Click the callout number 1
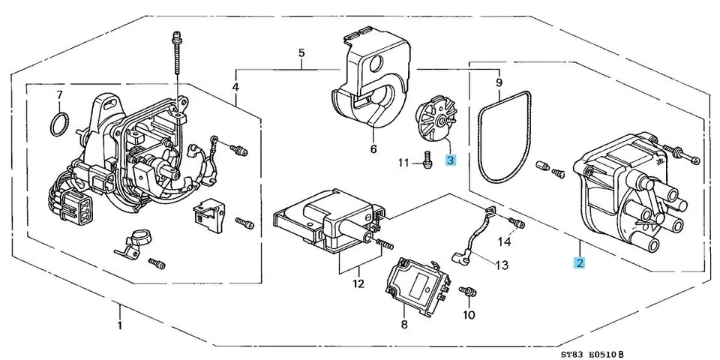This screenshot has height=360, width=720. click(119, 327)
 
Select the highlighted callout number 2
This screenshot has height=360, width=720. click(580, 262)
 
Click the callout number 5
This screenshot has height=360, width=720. click(301, 53)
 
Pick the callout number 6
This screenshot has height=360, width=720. click(373, 149)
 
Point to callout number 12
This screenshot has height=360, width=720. click(358, 284)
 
